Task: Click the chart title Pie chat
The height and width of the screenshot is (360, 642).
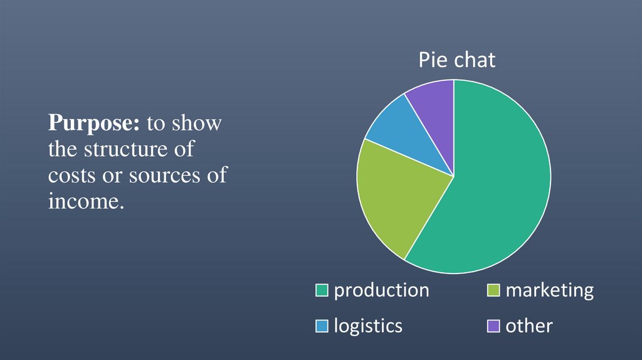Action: [x=457, y=60]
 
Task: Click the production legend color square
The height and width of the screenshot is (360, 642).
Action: [x=322, y=290]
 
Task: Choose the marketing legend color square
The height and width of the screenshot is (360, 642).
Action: [x=493, y=290]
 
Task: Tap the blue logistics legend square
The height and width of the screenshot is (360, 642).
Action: [x=322, y=326]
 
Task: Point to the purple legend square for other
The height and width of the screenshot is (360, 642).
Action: [x=493, y=326]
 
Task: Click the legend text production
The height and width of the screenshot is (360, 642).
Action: [x=381, y=290]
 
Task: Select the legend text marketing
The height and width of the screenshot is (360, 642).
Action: [x=549, y=290]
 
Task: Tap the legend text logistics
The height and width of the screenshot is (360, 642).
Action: [x=368, y=326]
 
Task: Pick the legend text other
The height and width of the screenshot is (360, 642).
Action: [x=529, y=326]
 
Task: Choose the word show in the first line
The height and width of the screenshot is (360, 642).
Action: [x=197, y=124]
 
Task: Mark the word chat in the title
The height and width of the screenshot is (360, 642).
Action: [x=475, y=60]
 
